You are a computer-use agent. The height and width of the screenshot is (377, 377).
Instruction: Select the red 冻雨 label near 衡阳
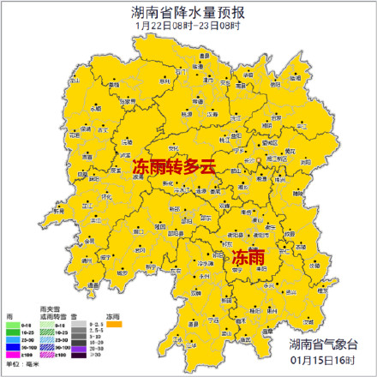point(248,255)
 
